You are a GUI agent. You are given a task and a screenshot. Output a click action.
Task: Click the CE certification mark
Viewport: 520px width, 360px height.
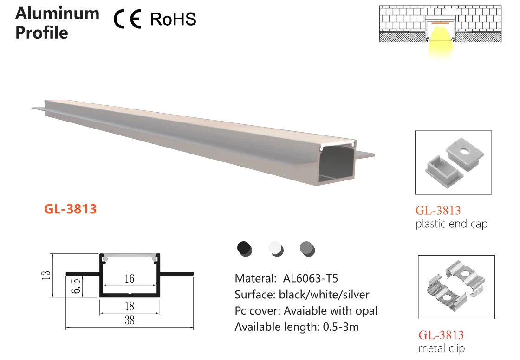127,19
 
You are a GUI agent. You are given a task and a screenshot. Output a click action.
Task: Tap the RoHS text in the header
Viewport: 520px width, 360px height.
173,19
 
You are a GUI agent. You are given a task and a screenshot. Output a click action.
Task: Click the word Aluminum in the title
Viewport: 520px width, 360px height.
57,13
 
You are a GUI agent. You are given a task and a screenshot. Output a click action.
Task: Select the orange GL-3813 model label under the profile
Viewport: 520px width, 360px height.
71,209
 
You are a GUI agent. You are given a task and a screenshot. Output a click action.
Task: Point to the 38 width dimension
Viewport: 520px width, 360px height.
129,320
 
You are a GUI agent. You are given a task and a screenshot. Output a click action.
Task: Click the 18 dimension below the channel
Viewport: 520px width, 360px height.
129,306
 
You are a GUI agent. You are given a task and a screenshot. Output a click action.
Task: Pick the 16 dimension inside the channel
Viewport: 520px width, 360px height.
129,278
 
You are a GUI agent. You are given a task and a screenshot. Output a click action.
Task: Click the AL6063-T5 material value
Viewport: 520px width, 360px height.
310,278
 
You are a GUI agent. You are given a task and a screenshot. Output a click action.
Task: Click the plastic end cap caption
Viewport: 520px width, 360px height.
451,224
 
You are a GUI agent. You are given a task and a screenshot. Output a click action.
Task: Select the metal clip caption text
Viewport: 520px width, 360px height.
441,348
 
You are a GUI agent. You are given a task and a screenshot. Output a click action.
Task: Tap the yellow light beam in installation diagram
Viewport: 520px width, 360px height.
439,44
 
